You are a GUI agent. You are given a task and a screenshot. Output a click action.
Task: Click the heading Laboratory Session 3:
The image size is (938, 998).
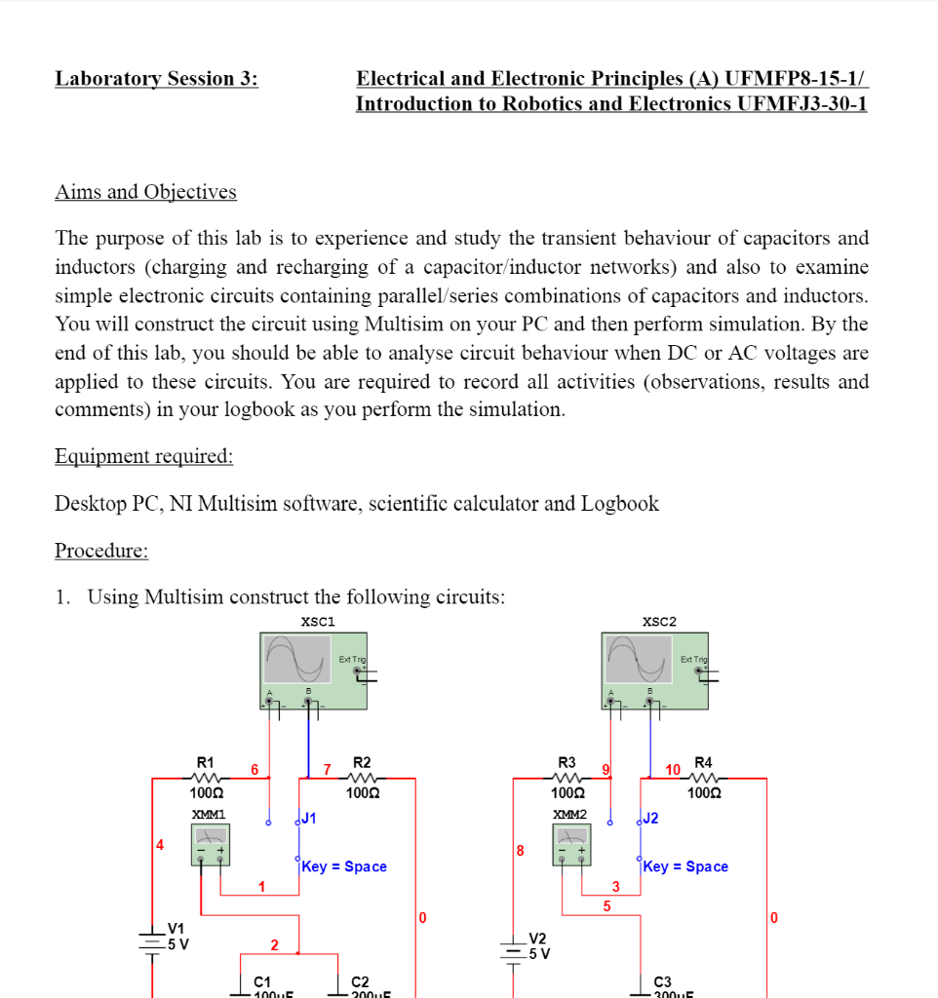click(x=156, y=79)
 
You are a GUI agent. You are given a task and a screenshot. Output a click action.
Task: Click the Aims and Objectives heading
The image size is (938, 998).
click(x=145, y=192)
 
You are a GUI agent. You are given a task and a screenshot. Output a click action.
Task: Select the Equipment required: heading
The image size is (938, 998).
click(x=143, y=456)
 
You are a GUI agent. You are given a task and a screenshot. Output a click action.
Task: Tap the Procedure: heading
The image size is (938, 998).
click(x=101, y=551)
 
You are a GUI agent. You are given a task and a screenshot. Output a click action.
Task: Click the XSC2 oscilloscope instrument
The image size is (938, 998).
click(x=657, y=672)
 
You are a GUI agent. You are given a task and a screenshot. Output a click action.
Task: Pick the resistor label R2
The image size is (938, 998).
click(x=362, y=761)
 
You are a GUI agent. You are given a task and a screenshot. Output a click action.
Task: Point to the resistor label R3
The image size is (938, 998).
click(x=567, y=761)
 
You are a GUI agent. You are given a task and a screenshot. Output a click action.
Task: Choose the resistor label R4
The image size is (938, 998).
click(x=703, y=761)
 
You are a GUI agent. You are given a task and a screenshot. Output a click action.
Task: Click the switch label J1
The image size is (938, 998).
click(x=309, y=818)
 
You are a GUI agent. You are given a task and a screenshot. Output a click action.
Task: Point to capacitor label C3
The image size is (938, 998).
click(x=662, y=981)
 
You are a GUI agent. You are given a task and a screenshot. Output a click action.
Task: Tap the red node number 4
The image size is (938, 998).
click(x=159, y=844)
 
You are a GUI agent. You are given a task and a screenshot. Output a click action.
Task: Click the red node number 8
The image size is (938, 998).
click(x=520, y=851)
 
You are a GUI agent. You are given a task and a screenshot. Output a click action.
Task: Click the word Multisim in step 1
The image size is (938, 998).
click(x=186, y=597)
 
